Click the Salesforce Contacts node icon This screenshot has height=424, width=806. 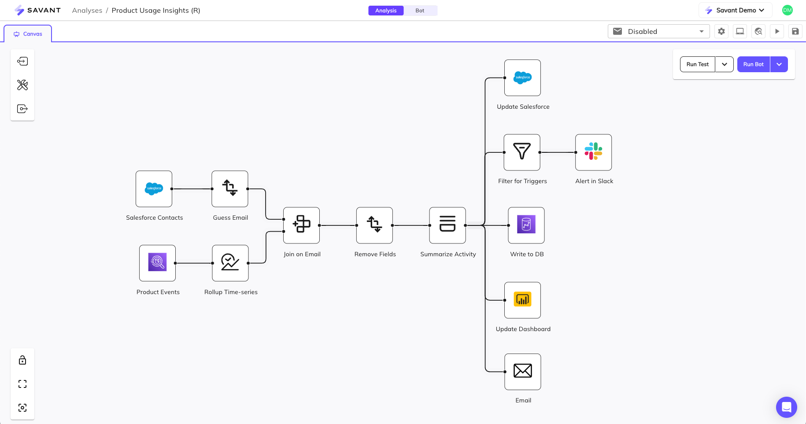(x=154, y=189)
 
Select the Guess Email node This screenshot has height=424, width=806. (x=230, y=189)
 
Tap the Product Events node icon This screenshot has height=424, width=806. (x=157, y=263)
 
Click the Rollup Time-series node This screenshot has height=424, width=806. (x=230, y=263)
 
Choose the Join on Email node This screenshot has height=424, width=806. (x=301, y=225)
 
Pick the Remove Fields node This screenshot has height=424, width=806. (x=374, y=225)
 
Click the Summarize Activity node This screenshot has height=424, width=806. (x=447, y=225)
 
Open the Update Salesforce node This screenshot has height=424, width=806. (x=522, y=78)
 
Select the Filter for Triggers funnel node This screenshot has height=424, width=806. (x=522, y=152)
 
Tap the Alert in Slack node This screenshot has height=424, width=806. (x=593, y=152)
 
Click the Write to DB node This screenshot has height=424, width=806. (x=526, y=225)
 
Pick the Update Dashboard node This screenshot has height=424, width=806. (x=522, y=300)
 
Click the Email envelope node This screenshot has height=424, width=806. (x=522, y=372)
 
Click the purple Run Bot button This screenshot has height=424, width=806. (x=753, y=64)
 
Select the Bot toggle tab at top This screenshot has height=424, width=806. (x=420, y=11)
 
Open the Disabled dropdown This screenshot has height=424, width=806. (x=658, y=31)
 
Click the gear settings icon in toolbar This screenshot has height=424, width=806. (x=721, y=31)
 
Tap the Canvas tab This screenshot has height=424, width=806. (x=28, y=34)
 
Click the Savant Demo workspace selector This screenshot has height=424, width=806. (x=735, y=10)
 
